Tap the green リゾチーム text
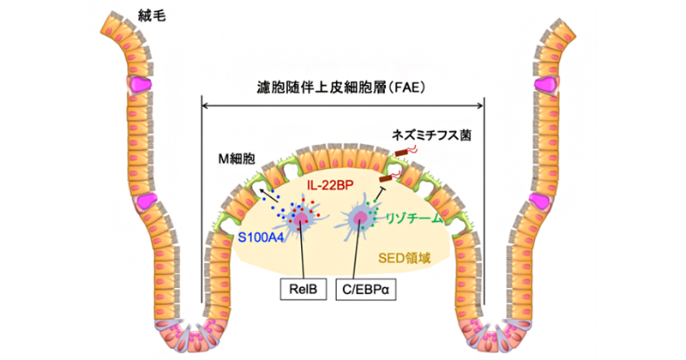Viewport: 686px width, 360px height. pos(415,219)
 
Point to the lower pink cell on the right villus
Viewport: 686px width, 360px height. pos(539,201)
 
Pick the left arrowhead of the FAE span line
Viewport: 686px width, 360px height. pos(203,105)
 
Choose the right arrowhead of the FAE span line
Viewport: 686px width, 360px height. pos(482,105)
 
